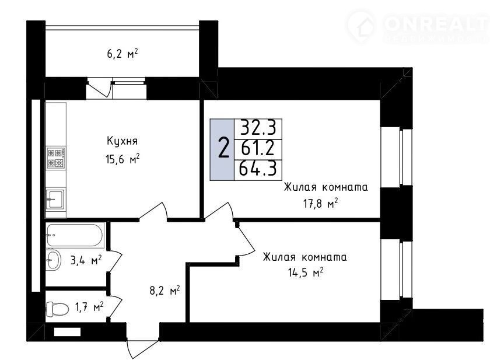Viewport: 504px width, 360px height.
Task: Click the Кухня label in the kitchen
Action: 122,141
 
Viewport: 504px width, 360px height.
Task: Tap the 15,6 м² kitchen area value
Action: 122,159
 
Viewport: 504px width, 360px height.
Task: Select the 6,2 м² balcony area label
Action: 122,54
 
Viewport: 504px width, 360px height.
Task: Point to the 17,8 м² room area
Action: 320,204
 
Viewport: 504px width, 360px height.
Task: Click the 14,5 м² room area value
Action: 305,274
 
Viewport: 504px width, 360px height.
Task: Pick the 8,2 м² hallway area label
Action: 164,291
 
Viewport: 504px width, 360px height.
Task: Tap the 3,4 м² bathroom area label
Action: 86,260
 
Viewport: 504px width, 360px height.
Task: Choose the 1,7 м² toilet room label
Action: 89,307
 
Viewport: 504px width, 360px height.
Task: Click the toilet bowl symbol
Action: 57,309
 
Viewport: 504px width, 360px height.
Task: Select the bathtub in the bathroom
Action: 75,235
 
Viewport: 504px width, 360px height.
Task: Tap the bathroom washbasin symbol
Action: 54,260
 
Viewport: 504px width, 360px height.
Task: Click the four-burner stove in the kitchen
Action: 56,158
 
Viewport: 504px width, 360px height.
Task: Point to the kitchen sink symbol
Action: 55,200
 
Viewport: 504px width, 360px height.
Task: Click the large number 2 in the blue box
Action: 223,148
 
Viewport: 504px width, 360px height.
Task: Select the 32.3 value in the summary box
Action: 258,128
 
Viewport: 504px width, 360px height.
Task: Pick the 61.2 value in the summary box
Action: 258,149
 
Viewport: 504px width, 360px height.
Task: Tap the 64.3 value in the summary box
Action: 258,169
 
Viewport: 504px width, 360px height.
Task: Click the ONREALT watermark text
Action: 436,23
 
